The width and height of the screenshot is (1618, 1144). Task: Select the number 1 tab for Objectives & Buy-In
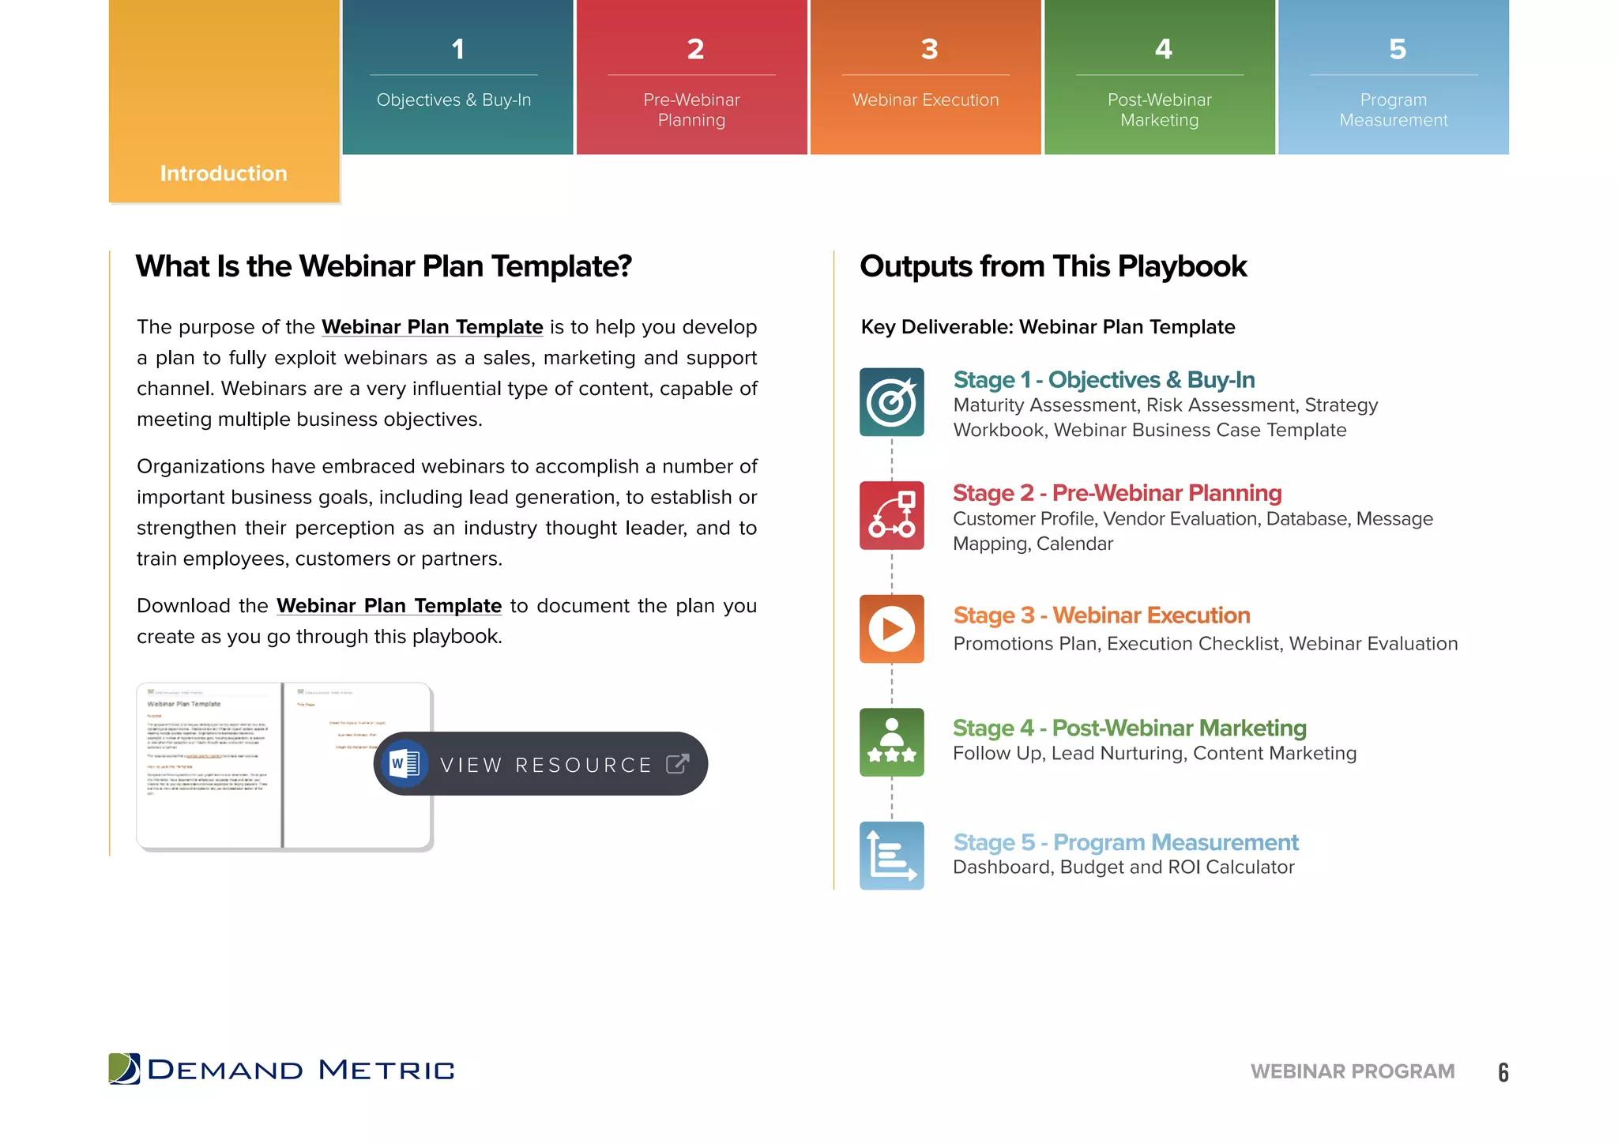[x=457, y=77]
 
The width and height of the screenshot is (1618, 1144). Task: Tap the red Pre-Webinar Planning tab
[x=691, y=77]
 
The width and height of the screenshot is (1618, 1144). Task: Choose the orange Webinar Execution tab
[x=925, y=77]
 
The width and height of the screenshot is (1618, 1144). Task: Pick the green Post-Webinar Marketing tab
[x=1159, y=77]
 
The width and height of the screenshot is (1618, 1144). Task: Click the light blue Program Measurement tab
[x=1394, y=77]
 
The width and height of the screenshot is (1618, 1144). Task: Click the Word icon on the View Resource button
[x=404, y=764]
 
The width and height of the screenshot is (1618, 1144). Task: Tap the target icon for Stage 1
[x=891, y=402]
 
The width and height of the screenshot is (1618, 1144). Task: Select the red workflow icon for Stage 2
[x=891, y=515]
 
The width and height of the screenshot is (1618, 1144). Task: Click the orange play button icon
[x=891, y=629]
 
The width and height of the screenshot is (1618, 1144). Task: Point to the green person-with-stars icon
[x=891, y=742]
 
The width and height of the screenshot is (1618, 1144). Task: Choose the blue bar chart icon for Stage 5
[x=891, y=856]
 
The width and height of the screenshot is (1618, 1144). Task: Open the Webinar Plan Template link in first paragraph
[x=432, y=327]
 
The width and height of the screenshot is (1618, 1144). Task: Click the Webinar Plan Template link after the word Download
[x=389, y=606]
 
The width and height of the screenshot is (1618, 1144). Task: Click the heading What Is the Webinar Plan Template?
[x=384, y=266]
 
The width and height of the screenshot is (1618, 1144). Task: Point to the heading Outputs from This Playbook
[x=1053, y=266]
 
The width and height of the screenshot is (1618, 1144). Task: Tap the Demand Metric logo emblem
[x=124, y=1069]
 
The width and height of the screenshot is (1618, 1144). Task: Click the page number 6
[x=1503, y=1072]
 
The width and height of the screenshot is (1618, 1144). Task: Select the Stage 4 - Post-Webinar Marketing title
[x=1129, y=728]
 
